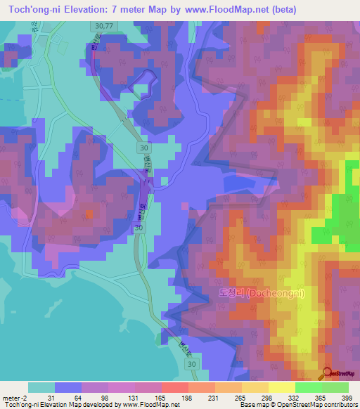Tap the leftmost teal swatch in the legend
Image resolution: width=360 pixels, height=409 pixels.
point(41,387)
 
